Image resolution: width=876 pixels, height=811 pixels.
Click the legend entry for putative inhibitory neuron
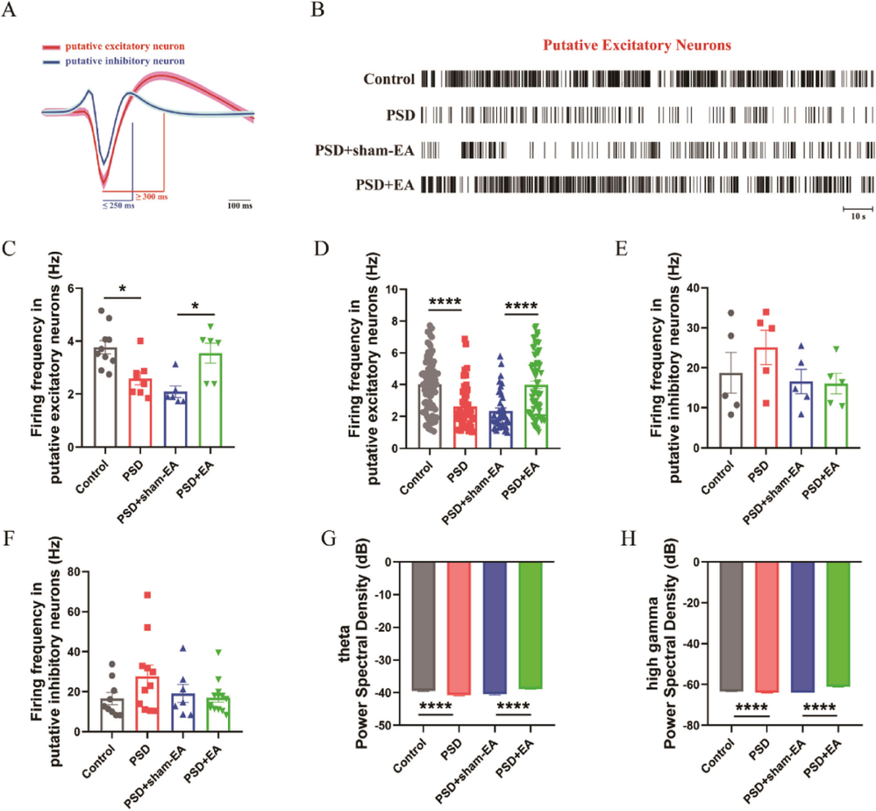click(113, 61)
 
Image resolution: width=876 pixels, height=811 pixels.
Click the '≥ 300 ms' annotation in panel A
click(152, 197)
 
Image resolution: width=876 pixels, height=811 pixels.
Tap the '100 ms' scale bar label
click(239, 206)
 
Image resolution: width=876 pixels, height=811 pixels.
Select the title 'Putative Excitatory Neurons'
click(637, 46)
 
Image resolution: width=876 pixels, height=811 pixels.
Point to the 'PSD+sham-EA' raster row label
click(365, 150)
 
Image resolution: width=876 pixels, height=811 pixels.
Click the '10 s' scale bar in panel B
click(858, 209)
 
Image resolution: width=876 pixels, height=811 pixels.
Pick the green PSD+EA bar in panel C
click(210, 400)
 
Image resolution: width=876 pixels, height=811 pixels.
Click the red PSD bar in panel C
click(139, 413)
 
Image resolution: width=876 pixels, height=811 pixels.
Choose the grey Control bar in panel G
click(424, 626)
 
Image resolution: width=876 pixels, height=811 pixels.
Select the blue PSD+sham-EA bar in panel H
click(803, 627)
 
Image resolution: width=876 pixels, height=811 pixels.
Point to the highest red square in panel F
click(147, 595)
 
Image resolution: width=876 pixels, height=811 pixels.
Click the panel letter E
click(621, 248)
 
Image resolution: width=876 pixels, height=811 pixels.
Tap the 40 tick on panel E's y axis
click(694, 289)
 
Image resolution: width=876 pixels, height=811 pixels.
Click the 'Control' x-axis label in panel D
click(417, 478)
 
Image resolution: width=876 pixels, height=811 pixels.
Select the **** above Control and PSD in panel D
click(445, 304)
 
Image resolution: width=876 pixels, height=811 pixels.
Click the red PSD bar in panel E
click(766, 397)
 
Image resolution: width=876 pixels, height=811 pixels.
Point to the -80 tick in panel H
click(683, 726)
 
